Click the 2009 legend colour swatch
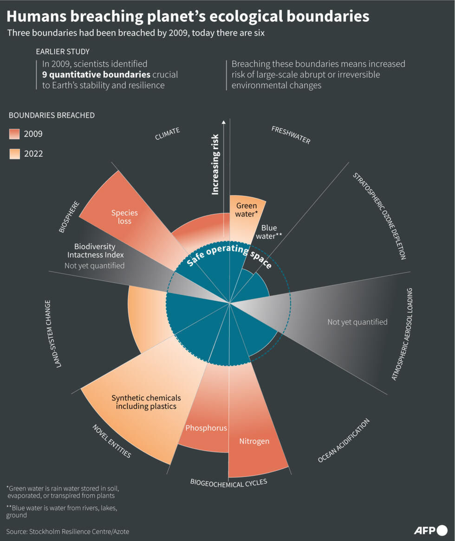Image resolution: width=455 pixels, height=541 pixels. click(15, 134)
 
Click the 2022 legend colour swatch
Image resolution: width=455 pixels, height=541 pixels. click(15, 154)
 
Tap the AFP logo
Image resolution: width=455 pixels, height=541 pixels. click(430, 530)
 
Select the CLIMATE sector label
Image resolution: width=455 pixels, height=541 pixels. click(167, 134)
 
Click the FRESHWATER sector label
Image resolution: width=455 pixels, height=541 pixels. click(291, 135)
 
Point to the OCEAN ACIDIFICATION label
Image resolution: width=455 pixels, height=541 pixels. click(344, 440)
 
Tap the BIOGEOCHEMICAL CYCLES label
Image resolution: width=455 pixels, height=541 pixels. click(228, 483)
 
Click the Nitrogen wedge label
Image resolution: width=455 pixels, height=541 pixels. click(254, 441)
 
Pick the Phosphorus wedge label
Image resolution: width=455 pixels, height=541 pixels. click(206, 427)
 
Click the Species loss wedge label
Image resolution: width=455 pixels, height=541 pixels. click(124, 217)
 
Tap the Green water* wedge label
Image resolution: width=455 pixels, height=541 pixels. click(247, 210)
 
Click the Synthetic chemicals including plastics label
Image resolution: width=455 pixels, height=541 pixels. click(146, 402)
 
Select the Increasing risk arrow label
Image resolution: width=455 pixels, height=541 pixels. click(215, 171)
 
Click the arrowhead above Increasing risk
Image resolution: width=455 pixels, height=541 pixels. click(223, 122)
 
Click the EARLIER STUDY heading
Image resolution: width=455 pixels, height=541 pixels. click(62, 51)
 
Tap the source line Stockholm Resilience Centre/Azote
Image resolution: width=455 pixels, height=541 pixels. click(67, 531)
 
